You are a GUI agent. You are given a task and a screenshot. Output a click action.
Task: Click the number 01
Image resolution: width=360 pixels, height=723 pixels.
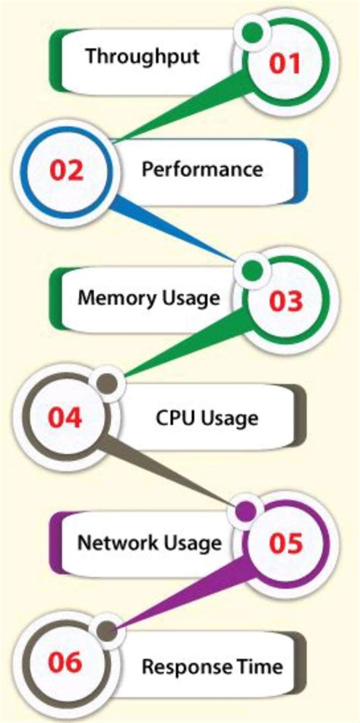(286, 63)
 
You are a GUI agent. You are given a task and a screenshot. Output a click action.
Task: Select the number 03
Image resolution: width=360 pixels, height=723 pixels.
(286, 302)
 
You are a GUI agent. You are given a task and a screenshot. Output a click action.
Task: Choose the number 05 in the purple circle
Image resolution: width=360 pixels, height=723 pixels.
(286, 544)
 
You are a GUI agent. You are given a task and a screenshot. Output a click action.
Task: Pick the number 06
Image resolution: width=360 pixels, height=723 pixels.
(65, 663)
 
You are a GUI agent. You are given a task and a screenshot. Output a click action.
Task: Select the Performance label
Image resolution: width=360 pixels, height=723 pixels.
(202, 169)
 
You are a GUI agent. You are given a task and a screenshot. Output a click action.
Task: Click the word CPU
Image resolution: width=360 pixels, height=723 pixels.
(172, 417)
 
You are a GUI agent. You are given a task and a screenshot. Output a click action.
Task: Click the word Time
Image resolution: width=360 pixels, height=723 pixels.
(263, 667)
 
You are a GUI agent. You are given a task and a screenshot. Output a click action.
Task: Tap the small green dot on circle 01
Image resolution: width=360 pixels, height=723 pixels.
(252, 32)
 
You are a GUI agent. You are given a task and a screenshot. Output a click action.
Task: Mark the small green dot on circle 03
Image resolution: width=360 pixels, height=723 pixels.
(252, 270)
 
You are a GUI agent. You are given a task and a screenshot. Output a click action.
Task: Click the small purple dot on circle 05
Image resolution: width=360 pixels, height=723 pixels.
(245, 511)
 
